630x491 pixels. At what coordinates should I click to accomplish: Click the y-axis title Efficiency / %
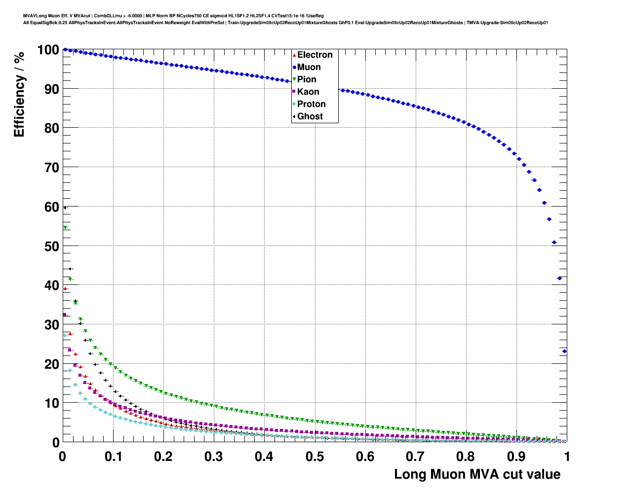coord(19,94)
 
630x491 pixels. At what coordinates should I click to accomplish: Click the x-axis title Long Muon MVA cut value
coord(477,474)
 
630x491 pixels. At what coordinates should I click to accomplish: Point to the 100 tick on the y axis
coord(48,50)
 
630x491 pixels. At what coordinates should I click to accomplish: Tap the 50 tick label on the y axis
coord(52,246)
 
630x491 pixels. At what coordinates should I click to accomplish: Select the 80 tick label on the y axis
coord(52,128)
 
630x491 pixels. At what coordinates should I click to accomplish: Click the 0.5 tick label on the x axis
coord(315,456)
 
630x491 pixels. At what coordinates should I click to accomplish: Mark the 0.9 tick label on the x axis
coord(516,456)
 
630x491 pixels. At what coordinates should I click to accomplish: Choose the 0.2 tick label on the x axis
coord(163,456)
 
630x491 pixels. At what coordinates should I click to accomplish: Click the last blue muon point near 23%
coord(564,351)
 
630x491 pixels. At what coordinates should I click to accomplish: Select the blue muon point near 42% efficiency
coord(559,278)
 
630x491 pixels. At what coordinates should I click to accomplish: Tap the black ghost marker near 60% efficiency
coord(65,208)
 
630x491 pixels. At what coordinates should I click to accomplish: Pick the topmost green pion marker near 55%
coord(65,227)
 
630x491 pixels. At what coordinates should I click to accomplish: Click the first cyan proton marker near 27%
coord(65,336)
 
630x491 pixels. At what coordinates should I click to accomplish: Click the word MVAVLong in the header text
coord(34,16)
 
